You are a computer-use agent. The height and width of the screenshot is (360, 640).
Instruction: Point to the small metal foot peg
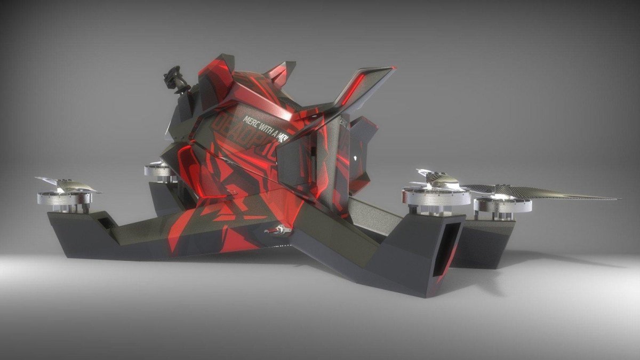pos(275,230)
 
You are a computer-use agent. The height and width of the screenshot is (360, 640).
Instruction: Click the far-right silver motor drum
pos(501,205)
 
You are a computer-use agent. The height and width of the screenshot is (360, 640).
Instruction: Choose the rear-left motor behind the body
pos(158,171)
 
